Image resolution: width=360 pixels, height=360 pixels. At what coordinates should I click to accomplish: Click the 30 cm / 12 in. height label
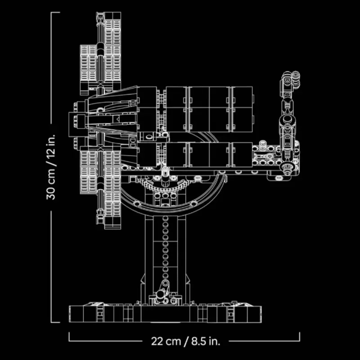51,167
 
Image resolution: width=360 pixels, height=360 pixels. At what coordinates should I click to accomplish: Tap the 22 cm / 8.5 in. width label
185,341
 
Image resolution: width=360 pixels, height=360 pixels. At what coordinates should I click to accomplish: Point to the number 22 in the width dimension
157,341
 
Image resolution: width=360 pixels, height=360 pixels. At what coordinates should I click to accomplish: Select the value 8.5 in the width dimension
199,341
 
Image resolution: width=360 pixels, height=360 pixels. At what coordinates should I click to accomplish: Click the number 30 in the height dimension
51,193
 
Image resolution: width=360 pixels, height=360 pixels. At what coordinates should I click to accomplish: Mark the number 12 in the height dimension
51,153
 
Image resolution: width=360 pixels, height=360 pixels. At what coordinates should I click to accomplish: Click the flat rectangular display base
165,314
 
